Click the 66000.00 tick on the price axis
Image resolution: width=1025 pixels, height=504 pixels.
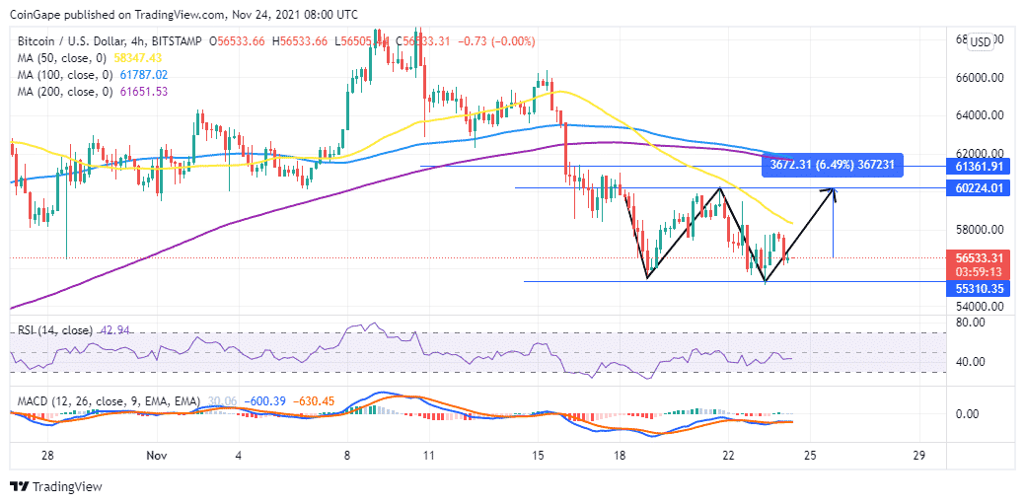pyautogui.click(x=982, y=78)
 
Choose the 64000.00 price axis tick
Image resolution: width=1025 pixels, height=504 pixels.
pyautogui.click(x=982, y=115)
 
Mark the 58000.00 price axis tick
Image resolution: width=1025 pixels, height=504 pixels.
pyautogui.click(x=982, y=230)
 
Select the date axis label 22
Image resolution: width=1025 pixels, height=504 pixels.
pyautogui.click(x=728, y=457)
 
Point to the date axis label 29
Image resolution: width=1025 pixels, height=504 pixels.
pyautogui.click(x=918, y=457)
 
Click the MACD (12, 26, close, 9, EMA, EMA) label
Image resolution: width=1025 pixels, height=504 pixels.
pyautogui.click(x=104, y=402)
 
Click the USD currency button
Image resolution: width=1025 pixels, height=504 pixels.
pyautogui.click(x=981, y=41)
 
